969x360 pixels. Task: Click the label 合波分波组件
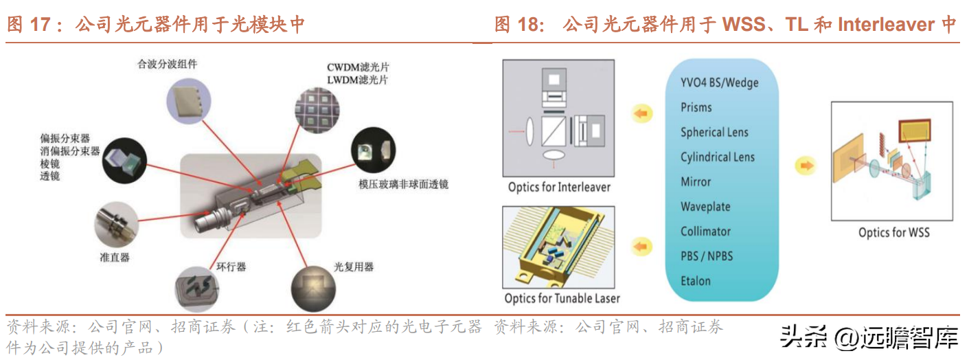(167, 64)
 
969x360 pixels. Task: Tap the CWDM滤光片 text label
(358, 67)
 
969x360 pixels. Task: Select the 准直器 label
(115, 258)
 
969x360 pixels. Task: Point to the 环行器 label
(231, 267)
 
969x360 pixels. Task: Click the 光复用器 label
(354, 267)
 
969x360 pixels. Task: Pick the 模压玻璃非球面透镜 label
(403, 184)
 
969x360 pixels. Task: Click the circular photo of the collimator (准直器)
(116, 225)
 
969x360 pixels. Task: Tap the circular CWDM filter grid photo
(317, 111)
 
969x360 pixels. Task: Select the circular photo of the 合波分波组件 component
(189, 101)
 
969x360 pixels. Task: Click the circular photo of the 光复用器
(314, 289)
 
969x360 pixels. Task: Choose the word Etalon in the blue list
(696, 281)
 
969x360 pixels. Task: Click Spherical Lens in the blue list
(714, 132)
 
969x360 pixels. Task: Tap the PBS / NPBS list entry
(707, 256)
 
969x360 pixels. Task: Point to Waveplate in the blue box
(705, 206)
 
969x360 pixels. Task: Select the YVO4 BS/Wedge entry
(720, 82)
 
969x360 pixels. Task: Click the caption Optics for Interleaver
(559, 187)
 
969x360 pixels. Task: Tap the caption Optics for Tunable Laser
(562, 298)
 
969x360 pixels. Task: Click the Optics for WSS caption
(893, 232)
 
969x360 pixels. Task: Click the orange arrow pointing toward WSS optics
(806, 166)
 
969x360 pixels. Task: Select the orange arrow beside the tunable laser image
(642, 247)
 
